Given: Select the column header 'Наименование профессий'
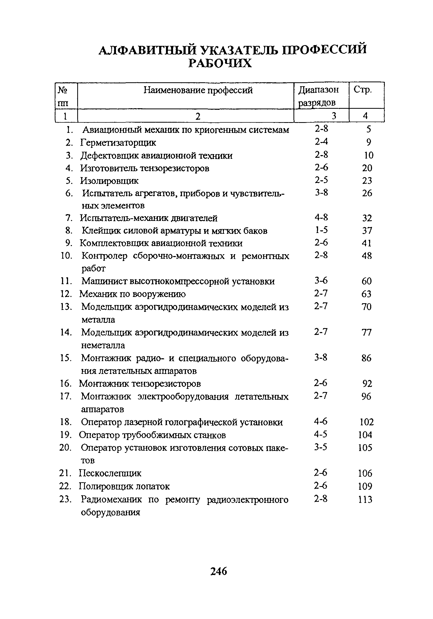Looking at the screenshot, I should click(198, 90).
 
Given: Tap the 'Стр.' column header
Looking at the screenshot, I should click(363, 90).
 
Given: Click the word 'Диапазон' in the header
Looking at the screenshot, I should click(318, 90).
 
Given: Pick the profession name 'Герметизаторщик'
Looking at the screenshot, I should click(118, 142).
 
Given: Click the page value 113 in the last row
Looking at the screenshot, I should click(365, 499).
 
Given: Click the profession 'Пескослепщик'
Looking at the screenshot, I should click(110, 473).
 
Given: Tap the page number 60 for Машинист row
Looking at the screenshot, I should click(367, 281).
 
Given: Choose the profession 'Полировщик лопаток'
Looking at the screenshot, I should click(124, 486).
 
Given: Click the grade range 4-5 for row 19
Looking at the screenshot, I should click(320, 434).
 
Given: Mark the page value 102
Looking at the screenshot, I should click(367, 422).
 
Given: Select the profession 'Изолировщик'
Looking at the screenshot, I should click(109, 181).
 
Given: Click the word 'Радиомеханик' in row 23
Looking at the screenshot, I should click(111, 499).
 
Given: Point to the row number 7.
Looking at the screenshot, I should click(69, 218).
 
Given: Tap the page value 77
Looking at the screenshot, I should click(367, 332).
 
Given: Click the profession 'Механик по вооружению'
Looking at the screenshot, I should click(132, 294).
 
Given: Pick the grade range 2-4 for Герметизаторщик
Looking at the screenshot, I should click(321, 142).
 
